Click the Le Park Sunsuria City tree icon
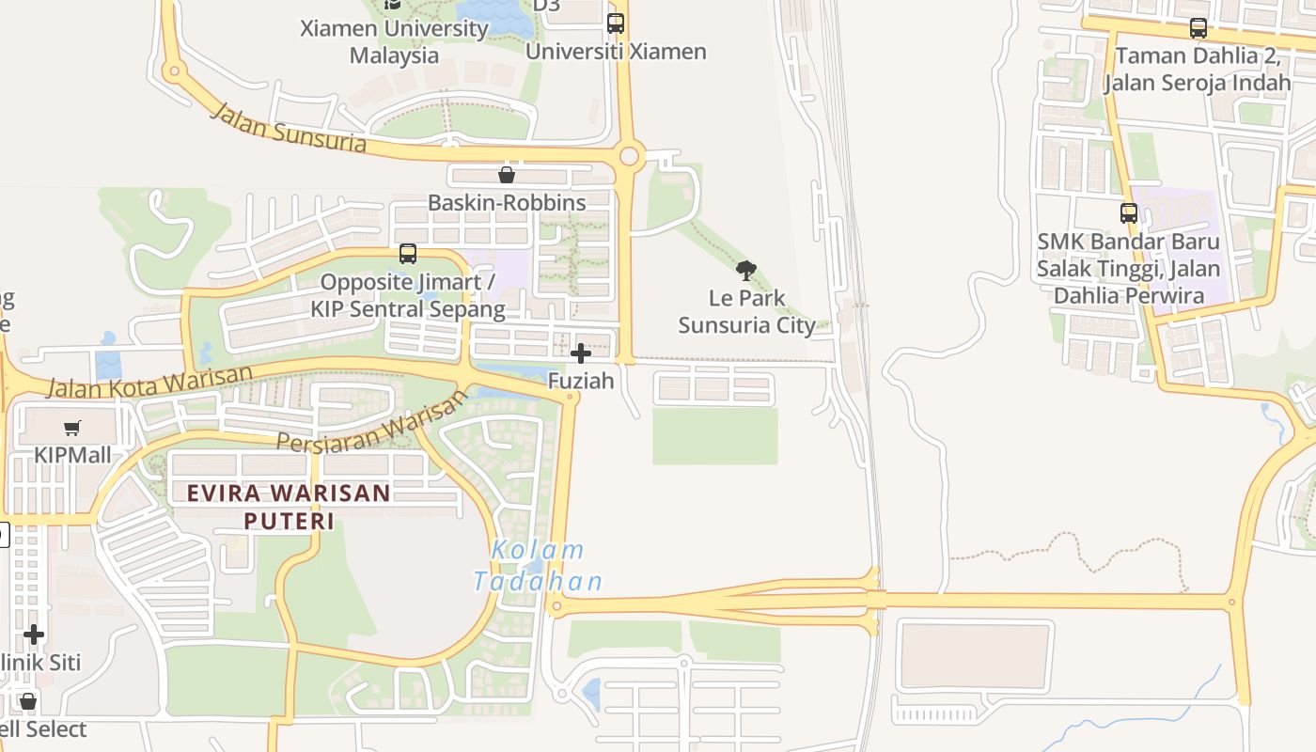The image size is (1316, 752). (746, 272)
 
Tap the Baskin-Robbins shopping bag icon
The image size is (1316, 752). (507, 175)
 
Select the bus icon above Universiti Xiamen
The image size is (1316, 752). (616, 23)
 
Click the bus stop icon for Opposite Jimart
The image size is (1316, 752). (408, 253)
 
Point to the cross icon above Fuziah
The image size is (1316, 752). (581, 353)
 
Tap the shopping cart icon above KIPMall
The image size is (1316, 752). (72, 429)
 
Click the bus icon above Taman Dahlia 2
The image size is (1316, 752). (1198, 28)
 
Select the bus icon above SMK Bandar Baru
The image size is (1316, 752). (1129, 213)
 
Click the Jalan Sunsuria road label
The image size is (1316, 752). (289, 128)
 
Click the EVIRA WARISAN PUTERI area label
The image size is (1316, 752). (289, 506)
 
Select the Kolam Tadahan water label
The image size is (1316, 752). (538, 566)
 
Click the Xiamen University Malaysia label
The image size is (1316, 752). (395, 42)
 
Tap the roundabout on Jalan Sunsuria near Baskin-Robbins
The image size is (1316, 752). (630, 156)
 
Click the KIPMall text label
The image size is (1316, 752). (72, 456)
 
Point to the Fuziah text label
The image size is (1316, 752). (581, 381)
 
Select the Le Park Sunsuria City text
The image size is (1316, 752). (747, 312)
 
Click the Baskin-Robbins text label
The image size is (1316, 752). (507, 202)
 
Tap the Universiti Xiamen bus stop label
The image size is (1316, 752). (616, 52)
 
